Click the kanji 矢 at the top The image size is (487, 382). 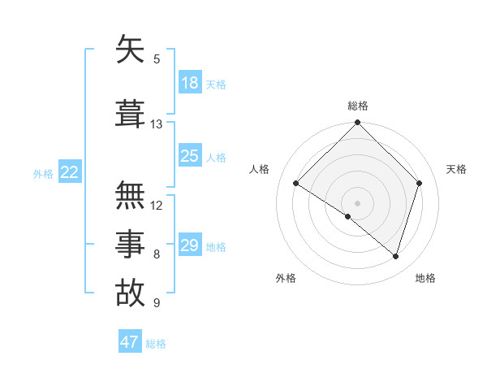point(131,50)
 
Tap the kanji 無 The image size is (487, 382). point(131,195)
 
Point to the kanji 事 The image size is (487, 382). point(131,244)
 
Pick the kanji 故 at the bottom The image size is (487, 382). point(131,293)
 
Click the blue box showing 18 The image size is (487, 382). point(190,83)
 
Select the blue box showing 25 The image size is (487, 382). point(190,156)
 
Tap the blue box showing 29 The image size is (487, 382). point(190,245)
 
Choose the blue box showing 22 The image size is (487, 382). point(70,172)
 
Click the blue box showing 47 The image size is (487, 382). point(130,342)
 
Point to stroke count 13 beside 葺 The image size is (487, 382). point(156,124)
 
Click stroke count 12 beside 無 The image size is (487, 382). point(157,205)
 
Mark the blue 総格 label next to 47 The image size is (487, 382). point(156,344)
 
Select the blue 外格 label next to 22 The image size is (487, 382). point(43,173)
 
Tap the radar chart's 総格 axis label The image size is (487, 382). point(357,106)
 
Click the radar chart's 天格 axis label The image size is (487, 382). point(457,169)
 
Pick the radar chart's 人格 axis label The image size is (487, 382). point(260,169)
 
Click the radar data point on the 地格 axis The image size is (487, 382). point(396,257)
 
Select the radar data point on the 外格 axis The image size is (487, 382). point(348,216)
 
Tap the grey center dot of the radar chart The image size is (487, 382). point(357,202)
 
